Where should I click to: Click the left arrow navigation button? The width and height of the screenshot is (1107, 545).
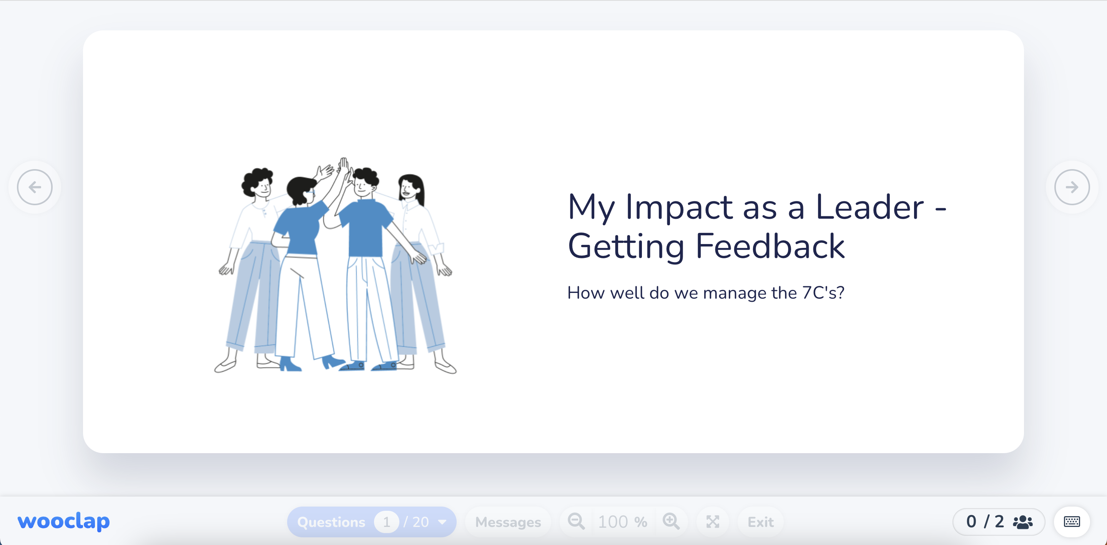click(35, 187)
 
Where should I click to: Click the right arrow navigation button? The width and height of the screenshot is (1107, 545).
click(1072, 187)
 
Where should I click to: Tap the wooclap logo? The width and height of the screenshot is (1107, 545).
click(63, 521)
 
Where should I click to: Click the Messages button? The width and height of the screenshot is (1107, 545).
click(508, 522)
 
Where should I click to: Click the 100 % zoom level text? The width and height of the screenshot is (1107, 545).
click(622, 522)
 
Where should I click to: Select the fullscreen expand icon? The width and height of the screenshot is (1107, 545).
click(713, 522)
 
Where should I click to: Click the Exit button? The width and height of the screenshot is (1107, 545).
click(760, 522)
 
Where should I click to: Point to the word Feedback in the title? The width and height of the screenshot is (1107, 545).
click(770, 246)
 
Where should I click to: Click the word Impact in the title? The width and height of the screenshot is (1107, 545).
click(678, 207)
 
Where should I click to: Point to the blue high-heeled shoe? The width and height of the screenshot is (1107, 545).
click(289, 364)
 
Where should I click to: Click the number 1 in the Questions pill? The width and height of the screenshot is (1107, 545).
click(386, 522)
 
